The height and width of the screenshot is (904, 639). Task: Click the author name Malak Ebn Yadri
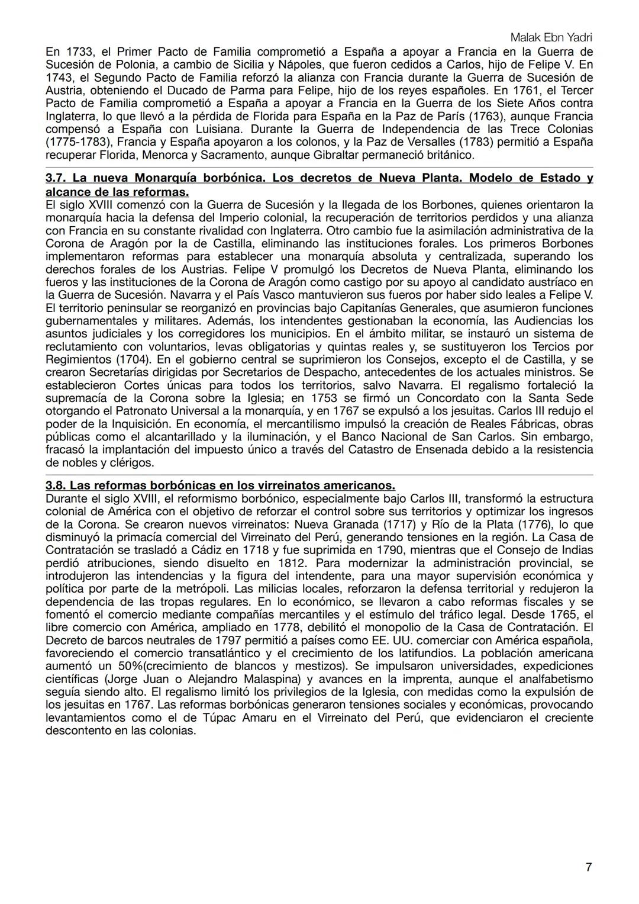[x=551, y=37]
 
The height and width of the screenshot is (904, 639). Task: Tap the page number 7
[x=588, y=867]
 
